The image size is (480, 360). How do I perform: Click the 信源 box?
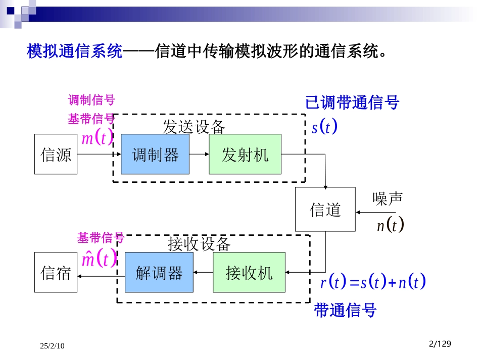[56, 154]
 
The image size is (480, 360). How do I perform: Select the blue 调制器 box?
[155, 154]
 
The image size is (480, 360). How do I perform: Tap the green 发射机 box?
[245, 154]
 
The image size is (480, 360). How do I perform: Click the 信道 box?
[325, 210]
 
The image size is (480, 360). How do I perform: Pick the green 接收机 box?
[249, 273]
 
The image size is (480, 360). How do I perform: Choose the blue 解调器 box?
[159, 273]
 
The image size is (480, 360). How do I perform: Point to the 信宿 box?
[56, 273]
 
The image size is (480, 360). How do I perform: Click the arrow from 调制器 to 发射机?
[199, 154]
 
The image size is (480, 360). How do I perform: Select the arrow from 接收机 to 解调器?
[203, 273]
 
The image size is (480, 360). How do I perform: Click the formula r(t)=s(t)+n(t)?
[373, 282]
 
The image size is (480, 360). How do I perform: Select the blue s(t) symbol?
[324, 127]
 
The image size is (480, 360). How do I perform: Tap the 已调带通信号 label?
[352, 102]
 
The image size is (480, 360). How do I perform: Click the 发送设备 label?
[194, 127]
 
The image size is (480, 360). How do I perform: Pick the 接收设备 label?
[199, 244]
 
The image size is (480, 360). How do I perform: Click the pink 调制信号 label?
[91, 100]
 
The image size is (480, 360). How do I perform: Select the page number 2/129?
[439, 344]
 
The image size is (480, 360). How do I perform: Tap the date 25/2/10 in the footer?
[53, 346]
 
